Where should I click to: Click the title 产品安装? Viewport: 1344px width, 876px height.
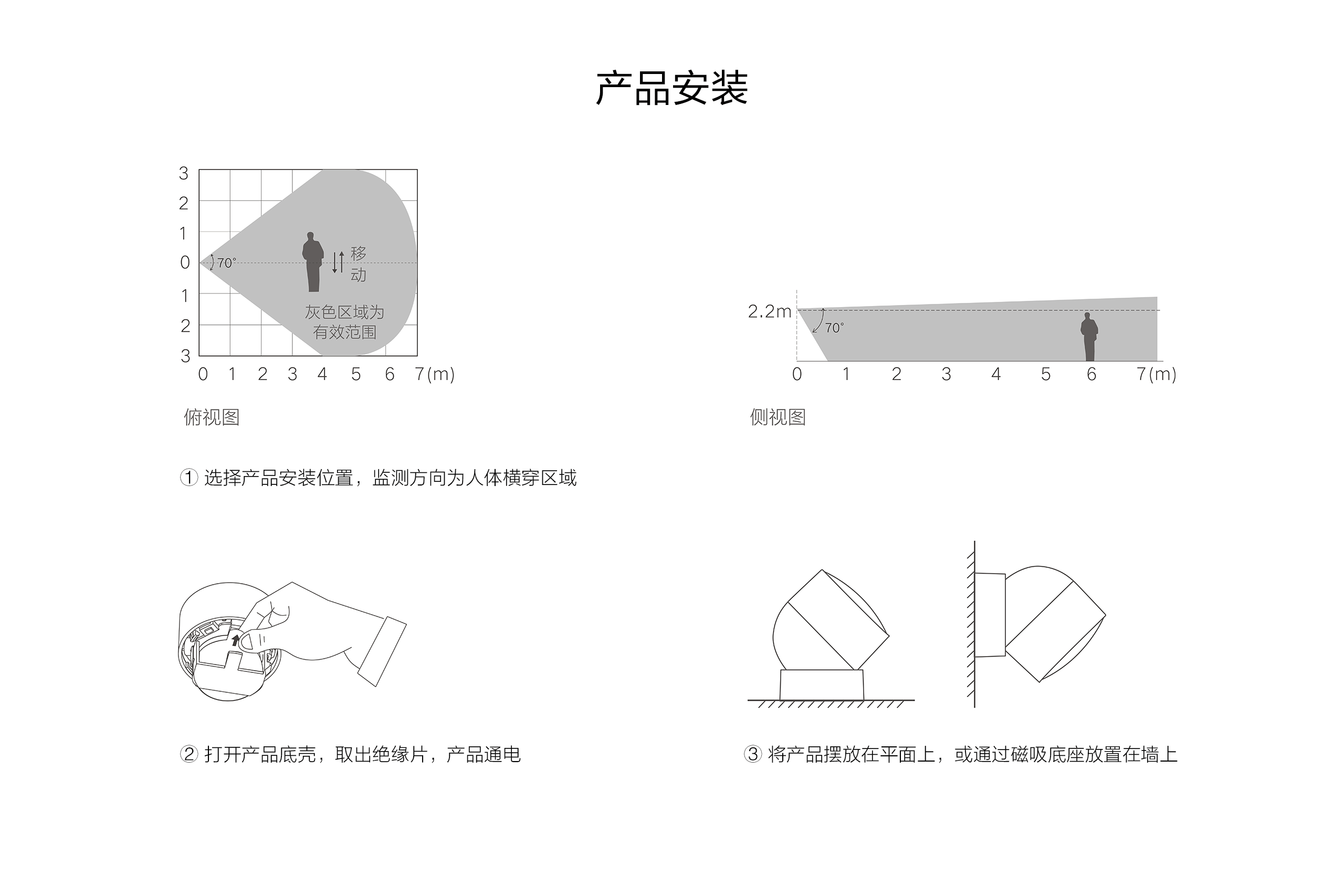click(671, 89)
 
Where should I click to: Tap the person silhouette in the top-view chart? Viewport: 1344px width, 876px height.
click(312, 262)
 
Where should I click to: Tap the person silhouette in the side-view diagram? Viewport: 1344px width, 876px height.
click(1089, 336)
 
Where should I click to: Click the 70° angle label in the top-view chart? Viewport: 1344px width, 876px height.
click(226, 263)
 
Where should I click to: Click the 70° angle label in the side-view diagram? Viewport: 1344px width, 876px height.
click(834, 328)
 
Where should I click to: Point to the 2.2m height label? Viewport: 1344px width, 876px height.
click(769, 312)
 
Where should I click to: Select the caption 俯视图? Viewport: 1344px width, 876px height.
click(212, 417)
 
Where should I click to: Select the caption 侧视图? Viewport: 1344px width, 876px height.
click(777, 417)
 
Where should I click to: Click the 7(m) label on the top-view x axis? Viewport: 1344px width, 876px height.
click(434, 374)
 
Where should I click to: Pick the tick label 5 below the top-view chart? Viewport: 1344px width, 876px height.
click(356, 374)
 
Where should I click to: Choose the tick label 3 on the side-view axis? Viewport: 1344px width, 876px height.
click(947, 374)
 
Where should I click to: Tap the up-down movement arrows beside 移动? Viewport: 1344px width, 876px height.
click(338, 262)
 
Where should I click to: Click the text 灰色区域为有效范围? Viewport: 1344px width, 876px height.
click(344, 322)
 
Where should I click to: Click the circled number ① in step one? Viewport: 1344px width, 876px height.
click(188, 478)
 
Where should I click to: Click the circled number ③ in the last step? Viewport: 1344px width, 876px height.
click(753, 754)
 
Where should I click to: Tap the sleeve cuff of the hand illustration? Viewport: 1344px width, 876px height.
click(382, 651)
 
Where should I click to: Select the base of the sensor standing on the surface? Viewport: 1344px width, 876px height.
click(822, 684)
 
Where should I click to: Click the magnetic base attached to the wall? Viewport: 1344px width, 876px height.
click(990, 615)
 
